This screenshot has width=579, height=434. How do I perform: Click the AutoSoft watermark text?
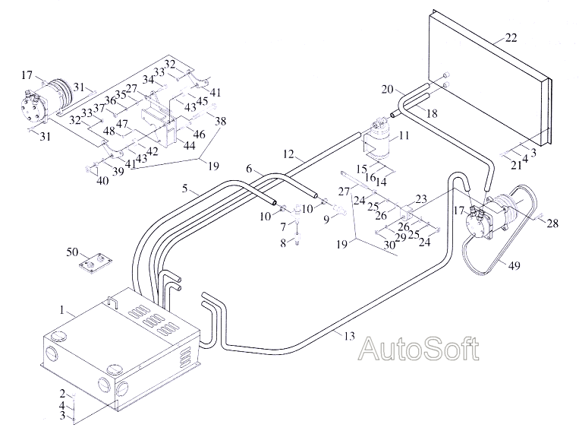(x=419, y=348)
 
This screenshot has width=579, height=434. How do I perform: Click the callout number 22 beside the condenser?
(x=511, y=38)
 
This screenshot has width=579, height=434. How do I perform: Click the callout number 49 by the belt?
(x=514, y=265)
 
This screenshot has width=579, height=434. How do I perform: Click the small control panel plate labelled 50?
(x=96, y=263)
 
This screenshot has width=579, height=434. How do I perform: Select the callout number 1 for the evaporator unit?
(x=62, y=309)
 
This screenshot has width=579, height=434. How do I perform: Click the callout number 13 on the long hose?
(x=349, y=336)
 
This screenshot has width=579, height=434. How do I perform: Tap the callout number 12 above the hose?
(x=288, y=154)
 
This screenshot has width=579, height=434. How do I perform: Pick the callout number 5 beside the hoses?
(x=184, y=188)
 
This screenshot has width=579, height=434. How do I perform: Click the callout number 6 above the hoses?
(x=249, y=169)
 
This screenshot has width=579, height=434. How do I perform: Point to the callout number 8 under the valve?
(x=283, y=243)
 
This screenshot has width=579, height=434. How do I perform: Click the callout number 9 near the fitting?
(x=326, y=220)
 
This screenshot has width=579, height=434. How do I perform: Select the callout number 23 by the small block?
(x=421, y=199)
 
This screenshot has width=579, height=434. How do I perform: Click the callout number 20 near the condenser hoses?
(x=387, y=89)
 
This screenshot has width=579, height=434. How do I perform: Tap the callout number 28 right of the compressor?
(x=552, y=223)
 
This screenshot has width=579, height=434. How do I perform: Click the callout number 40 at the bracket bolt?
(x=102, y=181)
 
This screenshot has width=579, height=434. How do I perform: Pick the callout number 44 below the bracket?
(x=189, y=145)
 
